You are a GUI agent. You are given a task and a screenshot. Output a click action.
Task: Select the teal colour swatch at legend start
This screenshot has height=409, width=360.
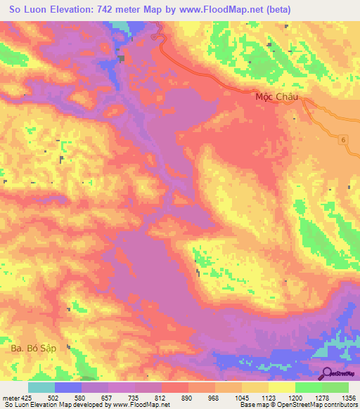click(41, 387)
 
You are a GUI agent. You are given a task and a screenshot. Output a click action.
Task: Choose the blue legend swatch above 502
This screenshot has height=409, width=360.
click(68, 387)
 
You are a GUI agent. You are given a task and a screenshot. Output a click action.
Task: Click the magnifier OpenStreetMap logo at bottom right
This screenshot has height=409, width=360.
click(327, 374)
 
